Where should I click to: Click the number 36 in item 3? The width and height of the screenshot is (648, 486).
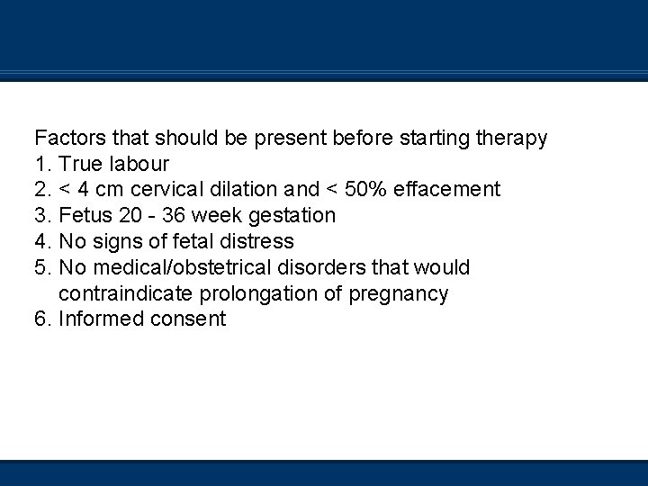pos(175,216)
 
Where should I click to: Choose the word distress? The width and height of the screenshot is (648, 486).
pos(261,242)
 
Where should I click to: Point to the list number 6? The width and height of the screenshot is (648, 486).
pos(42,319)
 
